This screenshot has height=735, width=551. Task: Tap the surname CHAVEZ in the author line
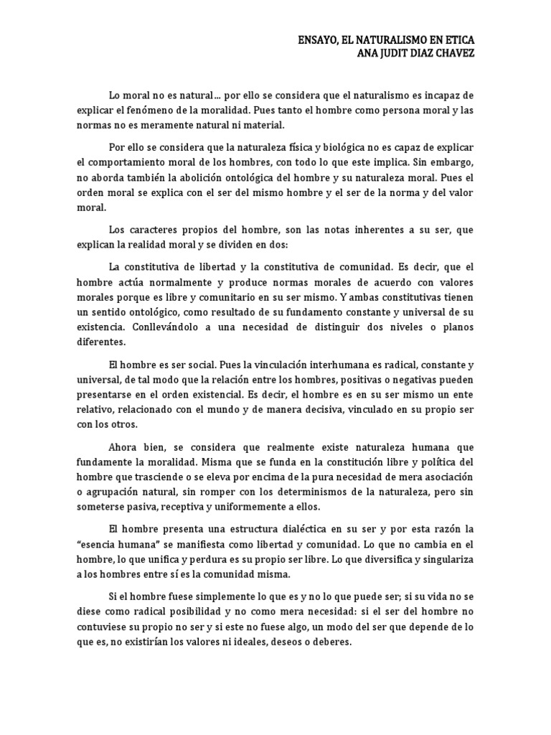coord(453,54)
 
